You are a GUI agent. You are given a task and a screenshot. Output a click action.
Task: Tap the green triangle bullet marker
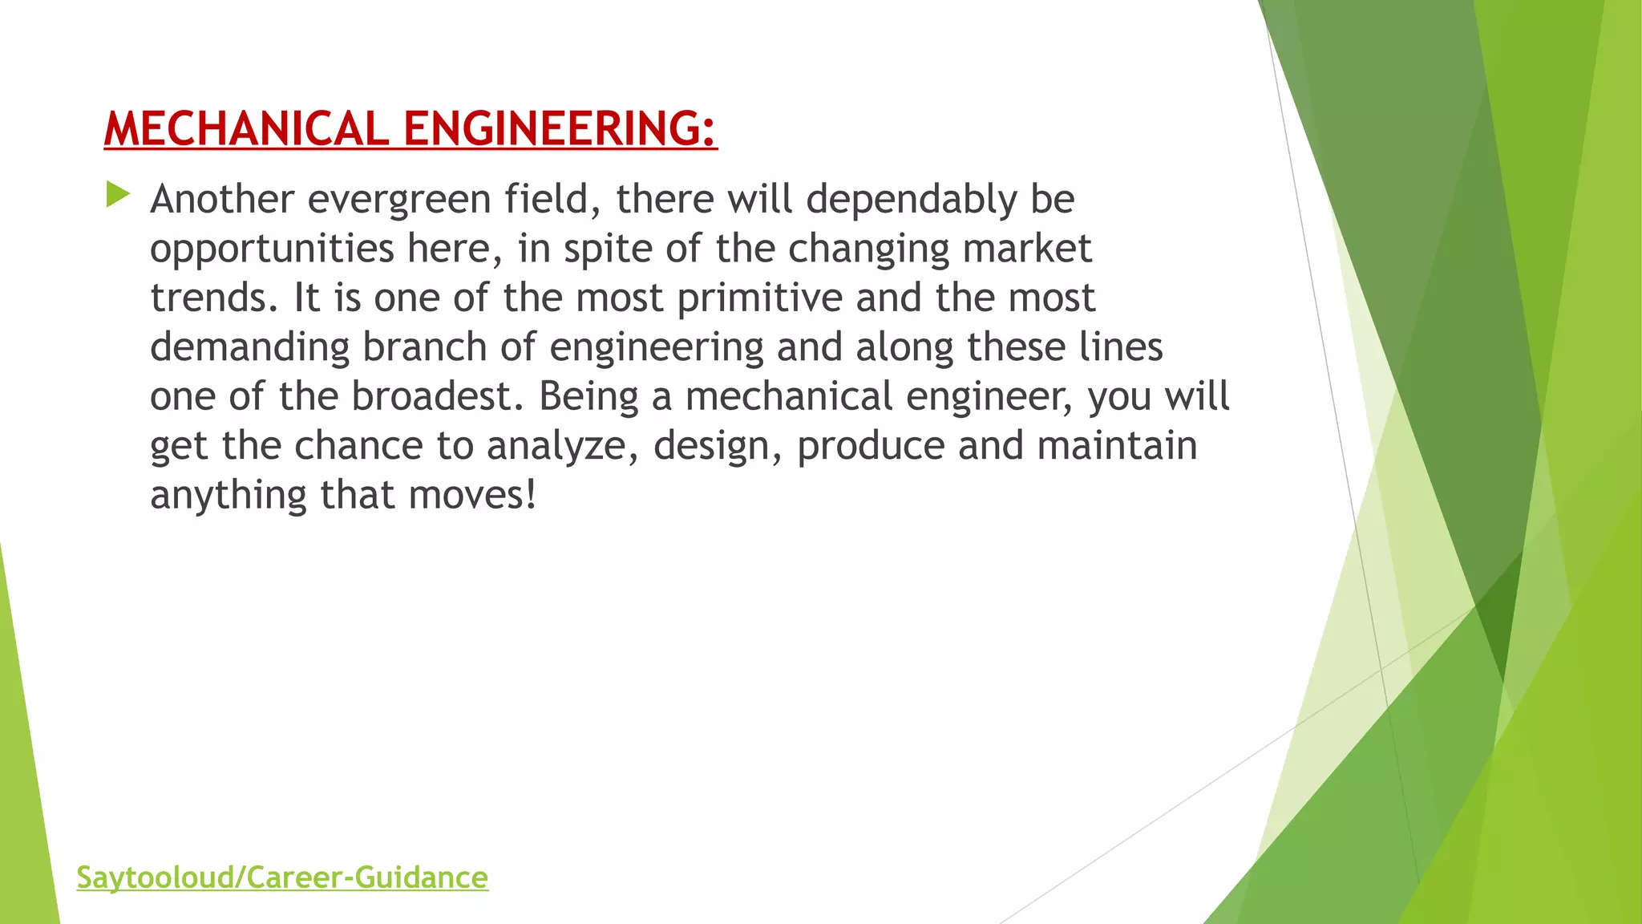tap(117, 194)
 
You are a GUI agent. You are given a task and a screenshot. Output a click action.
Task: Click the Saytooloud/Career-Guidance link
tap(282, 877)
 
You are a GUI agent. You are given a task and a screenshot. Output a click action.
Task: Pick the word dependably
tap(912, 200)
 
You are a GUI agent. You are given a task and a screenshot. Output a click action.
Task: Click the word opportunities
tap(272, 249)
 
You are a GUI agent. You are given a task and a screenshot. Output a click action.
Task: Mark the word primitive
tap(760, 298)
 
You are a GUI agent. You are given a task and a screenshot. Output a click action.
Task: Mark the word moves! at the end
tap(472, 496)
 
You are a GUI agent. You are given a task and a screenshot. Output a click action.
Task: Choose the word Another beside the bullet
tap(222, 200)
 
